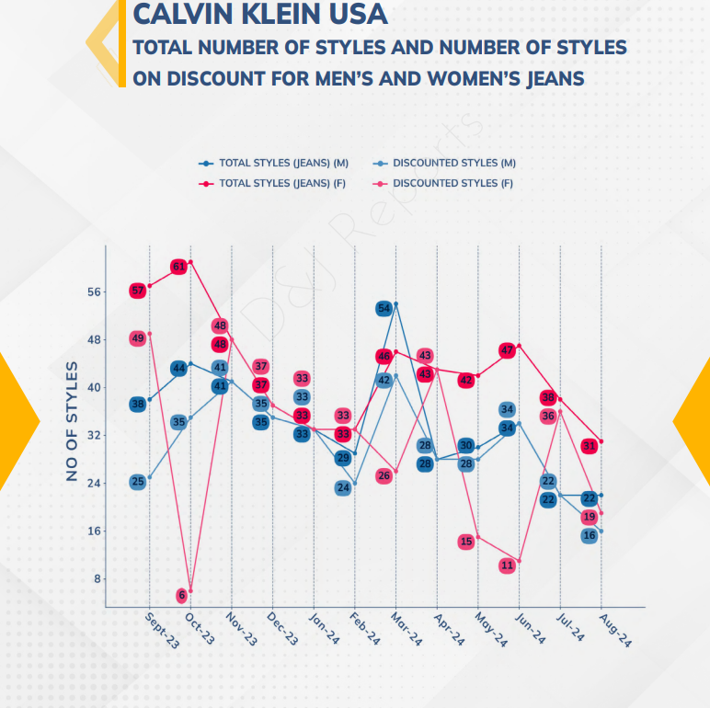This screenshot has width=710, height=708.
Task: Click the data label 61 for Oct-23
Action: (x=179, y=267)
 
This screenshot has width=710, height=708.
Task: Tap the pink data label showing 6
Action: (x=181, y=595)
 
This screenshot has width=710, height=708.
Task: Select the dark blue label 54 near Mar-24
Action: (x=384, y=308)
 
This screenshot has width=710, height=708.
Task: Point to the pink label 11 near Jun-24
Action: (x=507, y=565)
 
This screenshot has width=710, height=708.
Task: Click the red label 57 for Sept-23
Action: (x=138, y=291)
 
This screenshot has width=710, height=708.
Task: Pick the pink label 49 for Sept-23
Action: (x=138, y=338)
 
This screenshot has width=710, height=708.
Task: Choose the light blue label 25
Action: (x=138, y=482)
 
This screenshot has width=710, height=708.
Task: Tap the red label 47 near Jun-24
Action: (x=507, y=350)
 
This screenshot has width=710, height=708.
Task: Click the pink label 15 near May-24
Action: (x=466, y=542)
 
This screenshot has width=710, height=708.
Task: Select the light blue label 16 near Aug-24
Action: (x=590, y=535)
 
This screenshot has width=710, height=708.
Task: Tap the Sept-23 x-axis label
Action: (x=162, y=631)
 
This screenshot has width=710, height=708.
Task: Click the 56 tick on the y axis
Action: (x=94, y=292)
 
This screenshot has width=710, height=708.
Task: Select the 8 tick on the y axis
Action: (x=97, y=579)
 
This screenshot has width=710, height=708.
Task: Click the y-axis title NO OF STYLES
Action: (x=72, y=422)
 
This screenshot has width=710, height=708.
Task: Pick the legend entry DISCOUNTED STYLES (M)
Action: (x=453, y=163)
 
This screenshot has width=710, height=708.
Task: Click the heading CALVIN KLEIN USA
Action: (x=260, y=15)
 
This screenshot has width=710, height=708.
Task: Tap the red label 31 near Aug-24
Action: (x=590, y=446)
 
